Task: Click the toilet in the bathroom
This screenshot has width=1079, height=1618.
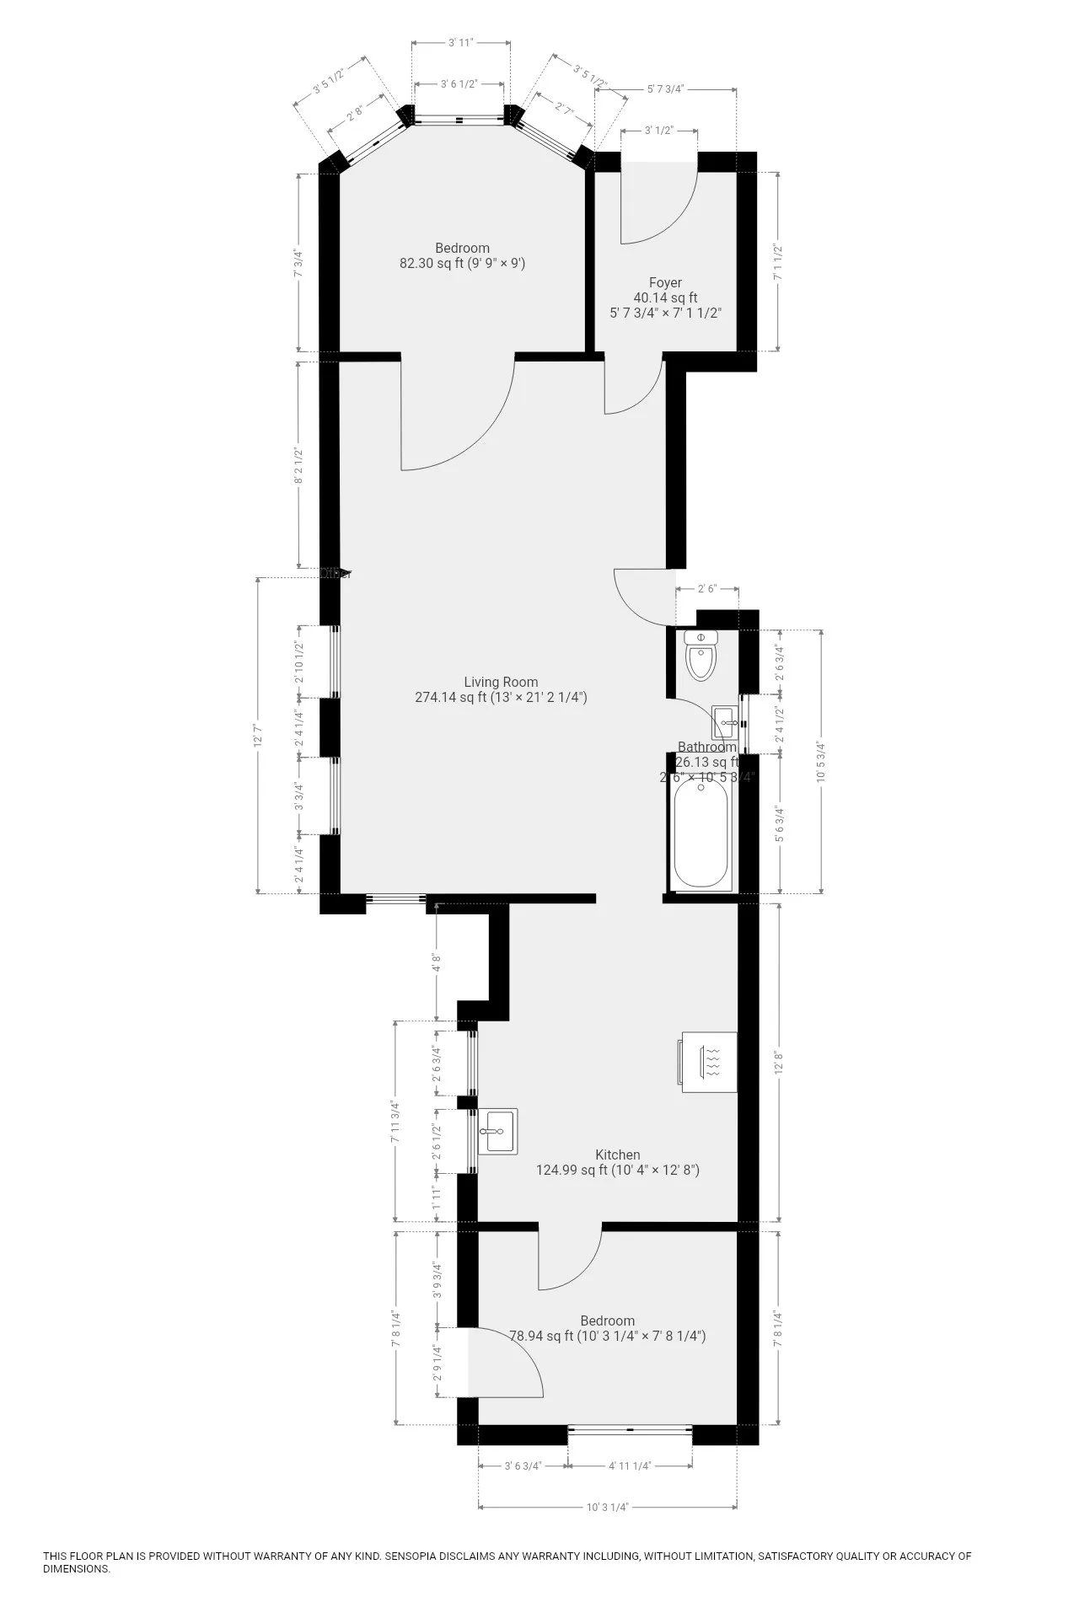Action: click(x=701, y=656)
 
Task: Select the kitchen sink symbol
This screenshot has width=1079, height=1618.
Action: click(x=497, y=1131)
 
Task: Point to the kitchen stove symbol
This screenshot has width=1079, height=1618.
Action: click(x=709, y=1063)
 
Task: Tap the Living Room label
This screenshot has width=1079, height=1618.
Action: click(x=501, y=682)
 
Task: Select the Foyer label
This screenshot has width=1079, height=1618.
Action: click(x=665, y=282)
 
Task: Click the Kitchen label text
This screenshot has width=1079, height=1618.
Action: click(x=618, y=1155)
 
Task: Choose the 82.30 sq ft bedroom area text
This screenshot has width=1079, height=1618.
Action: click(x=462, y=263)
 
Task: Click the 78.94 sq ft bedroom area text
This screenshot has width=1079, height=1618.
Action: click(x=607, y=1336)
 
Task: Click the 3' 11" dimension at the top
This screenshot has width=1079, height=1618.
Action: click(x=461, y=41)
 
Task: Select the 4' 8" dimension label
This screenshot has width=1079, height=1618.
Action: click(x=436, y=962)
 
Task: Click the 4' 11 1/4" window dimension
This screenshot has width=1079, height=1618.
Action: click(x=630, y=1465)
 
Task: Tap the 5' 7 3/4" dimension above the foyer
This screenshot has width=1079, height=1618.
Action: click(x=666, y=88)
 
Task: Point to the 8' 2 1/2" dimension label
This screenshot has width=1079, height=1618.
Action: click(x=298, y=464)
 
